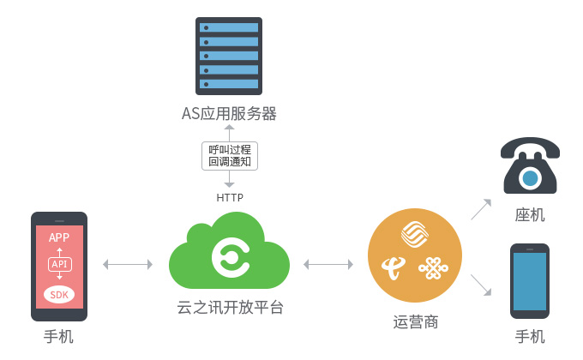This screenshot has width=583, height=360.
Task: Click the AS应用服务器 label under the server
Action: [229, 113]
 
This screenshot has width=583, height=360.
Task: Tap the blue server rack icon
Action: [229, 56]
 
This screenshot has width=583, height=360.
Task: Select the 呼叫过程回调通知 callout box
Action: [230, 156]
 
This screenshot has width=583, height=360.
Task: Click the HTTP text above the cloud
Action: [230, 197]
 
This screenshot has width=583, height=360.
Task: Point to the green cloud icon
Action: [229, 251]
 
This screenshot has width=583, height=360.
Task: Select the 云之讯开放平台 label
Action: [230, 308]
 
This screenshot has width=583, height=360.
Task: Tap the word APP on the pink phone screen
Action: [59, 237]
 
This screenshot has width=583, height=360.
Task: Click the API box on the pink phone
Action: [59, 264]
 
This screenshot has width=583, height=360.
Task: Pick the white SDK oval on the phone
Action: [59, 295]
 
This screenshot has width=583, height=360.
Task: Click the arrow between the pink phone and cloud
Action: [128, 264]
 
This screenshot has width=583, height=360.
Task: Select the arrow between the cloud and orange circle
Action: [328, 264]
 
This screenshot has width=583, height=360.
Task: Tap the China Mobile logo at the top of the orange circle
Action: [415, 234]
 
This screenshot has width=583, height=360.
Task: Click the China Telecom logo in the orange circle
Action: [394, 267]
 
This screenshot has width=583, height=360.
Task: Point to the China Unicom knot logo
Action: [434, 268]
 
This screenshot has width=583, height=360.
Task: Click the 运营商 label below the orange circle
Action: [415, 322]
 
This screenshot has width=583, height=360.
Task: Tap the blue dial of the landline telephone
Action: [530, 178]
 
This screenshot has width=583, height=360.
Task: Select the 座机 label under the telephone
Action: [530, 215]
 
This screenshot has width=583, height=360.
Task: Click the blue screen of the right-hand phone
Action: [530, 281]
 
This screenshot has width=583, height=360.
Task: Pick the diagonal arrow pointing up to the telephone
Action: [481, 209]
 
